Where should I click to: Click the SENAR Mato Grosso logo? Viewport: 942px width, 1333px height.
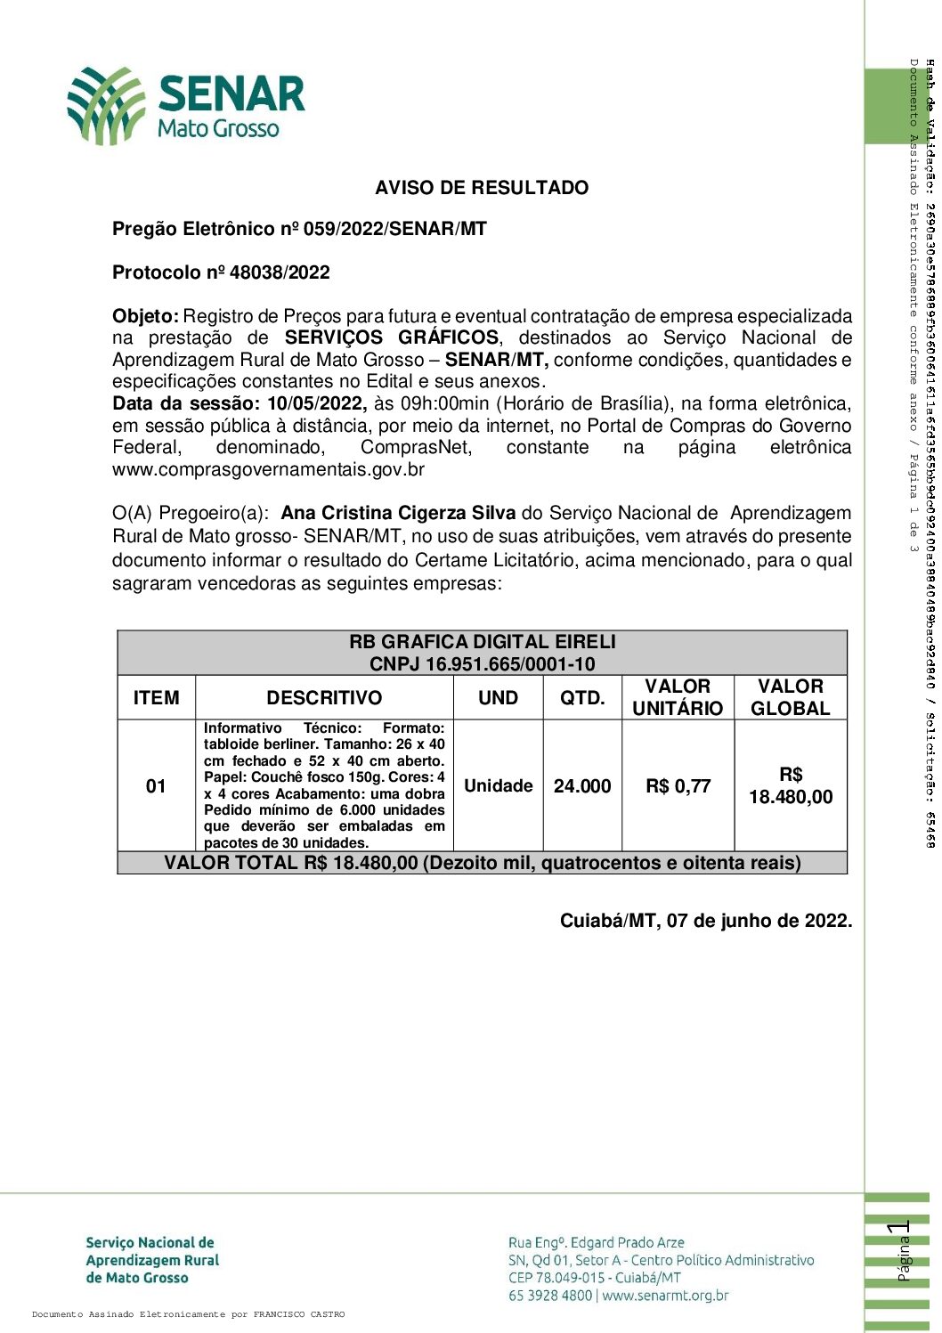click(187, 105)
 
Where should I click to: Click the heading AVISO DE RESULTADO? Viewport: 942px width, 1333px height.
click(482, 188)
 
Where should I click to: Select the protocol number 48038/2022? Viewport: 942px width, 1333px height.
click(280, 272)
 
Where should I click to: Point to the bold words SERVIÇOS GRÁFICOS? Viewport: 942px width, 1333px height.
click(392, 337)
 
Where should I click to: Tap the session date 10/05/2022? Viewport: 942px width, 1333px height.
click(316, 403)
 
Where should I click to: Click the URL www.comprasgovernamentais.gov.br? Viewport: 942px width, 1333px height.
click(268, 469)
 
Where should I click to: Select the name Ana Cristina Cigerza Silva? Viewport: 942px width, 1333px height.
click(398, 514)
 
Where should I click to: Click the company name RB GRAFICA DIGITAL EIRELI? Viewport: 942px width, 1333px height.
click(482, 642)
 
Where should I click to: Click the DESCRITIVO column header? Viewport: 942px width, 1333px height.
click(324, 698)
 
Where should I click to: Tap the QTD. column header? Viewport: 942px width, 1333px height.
click(582, 698)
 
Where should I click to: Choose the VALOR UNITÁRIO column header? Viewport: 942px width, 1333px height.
click(678, 697)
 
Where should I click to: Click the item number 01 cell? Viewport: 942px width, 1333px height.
click(156, 785)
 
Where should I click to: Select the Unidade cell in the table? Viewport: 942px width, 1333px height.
click(498, 785)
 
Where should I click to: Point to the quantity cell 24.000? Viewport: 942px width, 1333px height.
click(582, 786)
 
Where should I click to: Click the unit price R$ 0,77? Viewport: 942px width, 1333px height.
click(678, 786)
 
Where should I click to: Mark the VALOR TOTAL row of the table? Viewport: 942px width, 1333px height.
click(482, 863)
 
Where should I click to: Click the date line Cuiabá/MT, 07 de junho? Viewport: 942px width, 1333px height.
click(705, 921)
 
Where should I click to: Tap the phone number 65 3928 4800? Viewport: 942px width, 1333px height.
click(549, 1296)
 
